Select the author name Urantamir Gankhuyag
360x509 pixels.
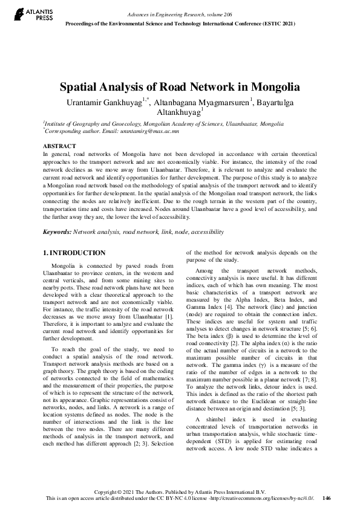[x=103, y=102]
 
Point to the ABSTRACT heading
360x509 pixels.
[x=59, y=146]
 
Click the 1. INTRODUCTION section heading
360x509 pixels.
[x=75, y=252]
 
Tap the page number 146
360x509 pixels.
[x=327, y=498]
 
